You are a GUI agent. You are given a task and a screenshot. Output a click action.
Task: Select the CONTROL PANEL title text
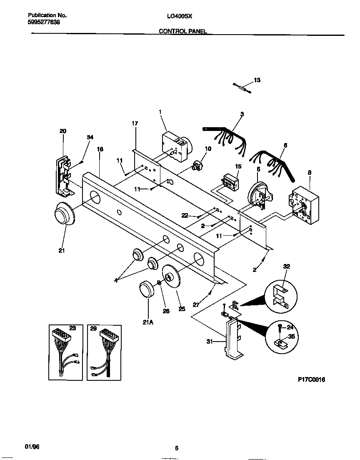point(183,31)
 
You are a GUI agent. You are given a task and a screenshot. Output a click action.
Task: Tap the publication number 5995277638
point(40,22)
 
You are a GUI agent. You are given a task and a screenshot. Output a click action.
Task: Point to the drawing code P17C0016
point(311,380)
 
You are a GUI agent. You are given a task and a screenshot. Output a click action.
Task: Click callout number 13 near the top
point(257,80)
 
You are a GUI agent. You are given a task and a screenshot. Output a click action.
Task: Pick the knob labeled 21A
point(146,289)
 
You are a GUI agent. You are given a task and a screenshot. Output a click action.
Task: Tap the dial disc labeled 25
point(172,278)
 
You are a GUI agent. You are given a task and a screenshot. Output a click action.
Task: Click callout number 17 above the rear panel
point(135,123)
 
